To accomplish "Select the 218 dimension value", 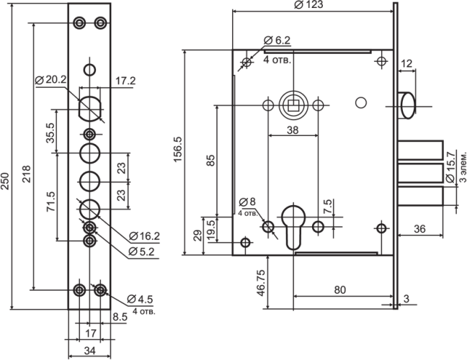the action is coord(26,174).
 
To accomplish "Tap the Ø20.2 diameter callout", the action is coord(51,80).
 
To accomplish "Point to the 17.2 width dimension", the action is coord(125,81).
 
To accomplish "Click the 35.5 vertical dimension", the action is coord(50,132).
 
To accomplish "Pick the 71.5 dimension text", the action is coord(51,202).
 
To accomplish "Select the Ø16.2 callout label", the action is coord(144,236).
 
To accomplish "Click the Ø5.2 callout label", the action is coord(142,252).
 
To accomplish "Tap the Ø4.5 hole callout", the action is coord(140,299).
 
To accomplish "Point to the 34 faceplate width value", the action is coord(89,351).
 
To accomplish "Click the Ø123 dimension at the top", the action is coord(308,5).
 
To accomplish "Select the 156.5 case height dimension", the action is coord(178,149).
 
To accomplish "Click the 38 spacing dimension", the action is coord(293,130).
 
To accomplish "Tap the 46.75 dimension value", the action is coord(261,283).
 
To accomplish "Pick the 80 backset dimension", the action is coord(340,289).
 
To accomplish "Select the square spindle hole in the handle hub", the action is coord(293,105).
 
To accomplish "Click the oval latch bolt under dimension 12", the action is coord(408,106).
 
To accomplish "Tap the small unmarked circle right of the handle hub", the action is coord(361,103).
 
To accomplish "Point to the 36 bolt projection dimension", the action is coord(419,229).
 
